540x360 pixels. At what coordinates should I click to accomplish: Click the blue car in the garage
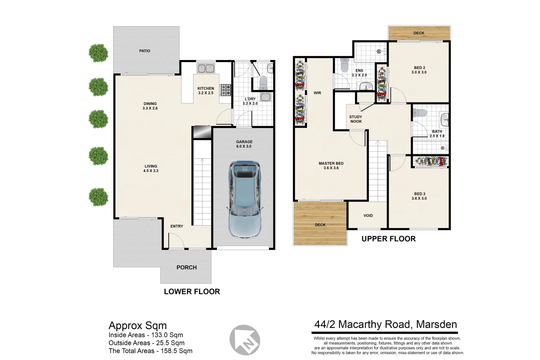(x=245, y=200)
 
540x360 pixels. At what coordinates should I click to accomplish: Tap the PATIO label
(x=145, y=51)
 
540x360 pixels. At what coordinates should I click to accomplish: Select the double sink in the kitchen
(x=206, y=68)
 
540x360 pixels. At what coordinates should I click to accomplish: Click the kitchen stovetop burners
(x=226, y=90)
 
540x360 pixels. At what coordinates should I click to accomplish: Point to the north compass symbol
(x=245, y=340)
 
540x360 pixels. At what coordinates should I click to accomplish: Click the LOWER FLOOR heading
(x=192, y=292)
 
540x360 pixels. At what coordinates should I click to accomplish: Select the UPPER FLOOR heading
(x=389, y=239)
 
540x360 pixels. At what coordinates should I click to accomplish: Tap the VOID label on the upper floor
(x=368, y=216)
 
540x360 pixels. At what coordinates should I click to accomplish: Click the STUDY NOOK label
(x=356, y=119)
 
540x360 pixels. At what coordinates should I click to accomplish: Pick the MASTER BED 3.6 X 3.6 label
(x=331, y=166)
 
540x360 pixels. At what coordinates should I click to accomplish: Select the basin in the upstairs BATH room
(x=445, y=120)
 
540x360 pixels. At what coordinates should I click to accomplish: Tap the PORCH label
(x=187, y=267)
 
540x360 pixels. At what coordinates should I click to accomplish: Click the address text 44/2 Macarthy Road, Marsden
(x=386, y=324)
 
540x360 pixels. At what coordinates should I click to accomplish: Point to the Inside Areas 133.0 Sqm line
(x=146, y=335)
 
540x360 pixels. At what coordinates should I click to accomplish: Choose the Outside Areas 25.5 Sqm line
(x=147, y=343)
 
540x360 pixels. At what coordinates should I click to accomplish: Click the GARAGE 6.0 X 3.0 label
(x=244, y=144)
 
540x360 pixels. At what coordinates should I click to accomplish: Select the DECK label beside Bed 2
(x=419, y=33)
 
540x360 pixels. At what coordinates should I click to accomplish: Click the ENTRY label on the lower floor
(x=177, y=226)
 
